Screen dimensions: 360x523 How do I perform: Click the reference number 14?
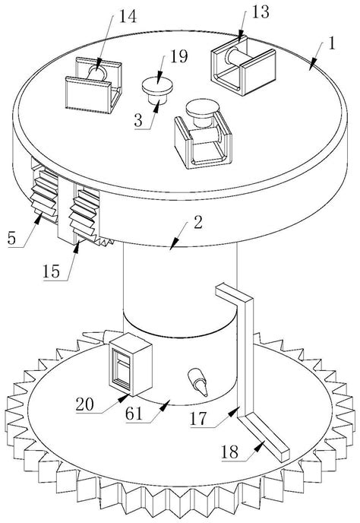pyautogui.click(x=128, y=16)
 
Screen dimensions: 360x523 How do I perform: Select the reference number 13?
pyautogui.click(x=261, y=11)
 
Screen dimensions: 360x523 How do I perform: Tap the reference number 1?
pyautogui.click(x=331, y=43)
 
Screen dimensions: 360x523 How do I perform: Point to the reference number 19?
pyautogui.click(x=179, y=56)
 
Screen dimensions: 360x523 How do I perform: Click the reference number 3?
pyautogui.click(x=138, y=120)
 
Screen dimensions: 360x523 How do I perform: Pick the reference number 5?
pyautogui.click(x=11, y=238)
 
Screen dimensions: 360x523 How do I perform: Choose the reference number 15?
pyautogui.click(x=52, y=271)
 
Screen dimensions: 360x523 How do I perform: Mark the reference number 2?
pyautogui.click(x=198, y=222)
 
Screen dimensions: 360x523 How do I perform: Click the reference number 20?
pyautogui.click(x=84, y=404)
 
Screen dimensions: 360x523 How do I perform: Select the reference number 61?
pyautogui.click(x=134, y=414)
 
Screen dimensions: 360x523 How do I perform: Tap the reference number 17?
pyautogui.click(x=198, y=418)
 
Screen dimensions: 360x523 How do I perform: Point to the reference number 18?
pyautogui.click(x=230, y=452)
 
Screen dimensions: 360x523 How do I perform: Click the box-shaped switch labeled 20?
pyautogui.click(x=131, y=364)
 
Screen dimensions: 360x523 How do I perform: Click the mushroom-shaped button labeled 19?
pyautogui.click(x=157, y=90)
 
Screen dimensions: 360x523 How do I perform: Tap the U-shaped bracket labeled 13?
pyautogui.click(x=243, y=66)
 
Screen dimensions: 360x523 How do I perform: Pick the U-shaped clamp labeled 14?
pyautogui.click(x=93, y=85)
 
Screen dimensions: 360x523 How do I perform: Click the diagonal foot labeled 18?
pyautogui.click(x=264, y=437)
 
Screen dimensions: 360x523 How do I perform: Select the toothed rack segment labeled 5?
pyautogui.click(x=44, y=196)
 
